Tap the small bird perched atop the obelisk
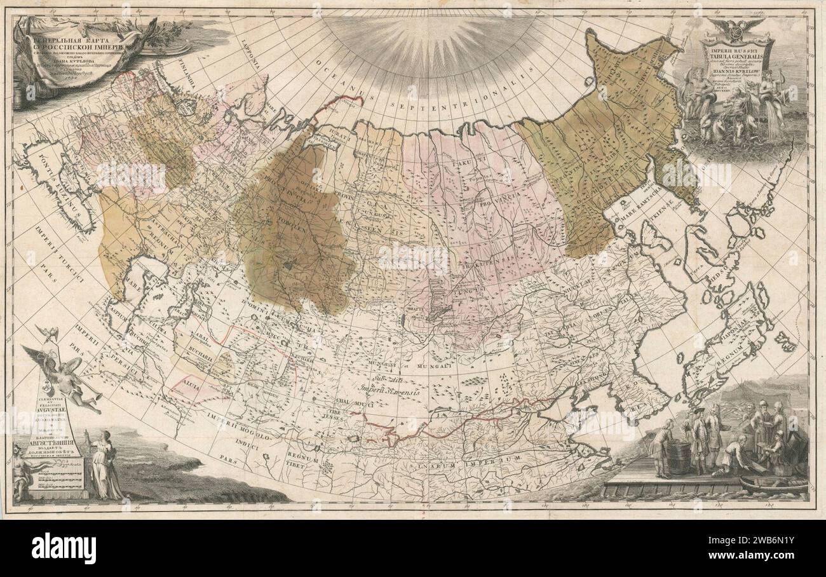click(x=50, y=332)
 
